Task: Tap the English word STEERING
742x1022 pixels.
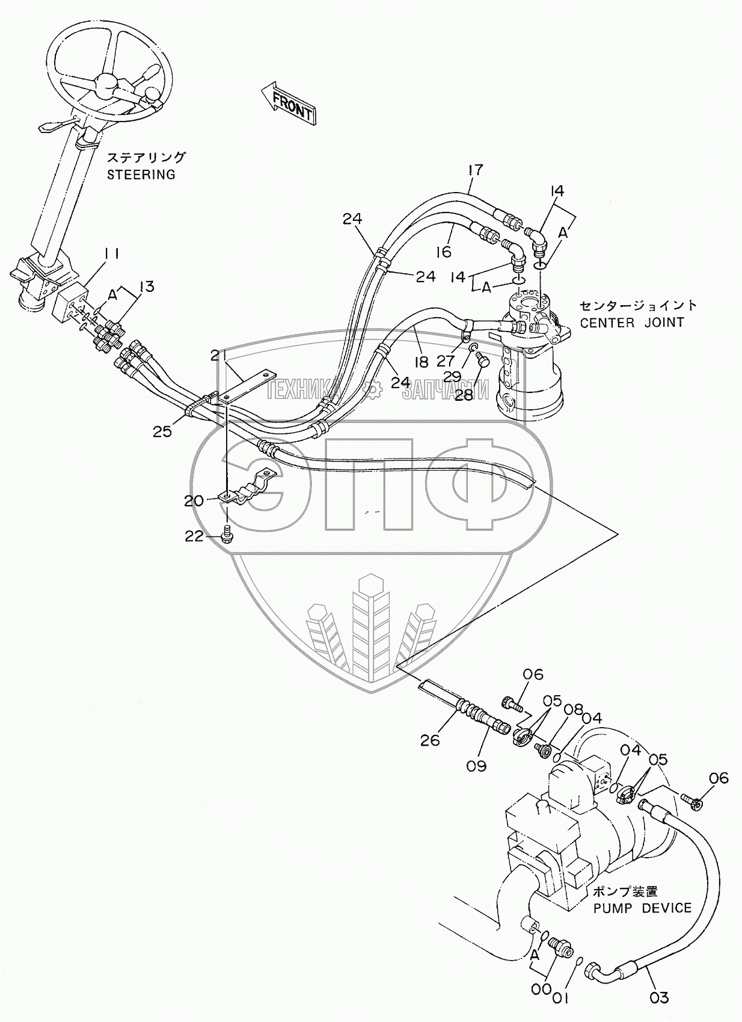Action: point(141,175)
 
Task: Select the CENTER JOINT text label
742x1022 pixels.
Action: point(631,323)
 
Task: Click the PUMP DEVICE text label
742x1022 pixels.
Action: point(642,908)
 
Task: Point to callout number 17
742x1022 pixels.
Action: point(475,170)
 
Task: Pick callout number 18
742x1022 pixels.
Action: point(421,361)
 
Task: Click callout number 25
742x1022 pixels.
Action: point(162,431)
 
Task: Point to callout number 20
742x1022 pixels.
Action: point(194,500)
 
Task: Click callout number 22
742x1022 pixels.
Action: point(194,537)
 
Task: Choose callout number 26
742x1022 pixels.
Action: point(430,740)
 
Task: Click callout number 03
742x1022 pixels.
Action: point(659,997)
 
